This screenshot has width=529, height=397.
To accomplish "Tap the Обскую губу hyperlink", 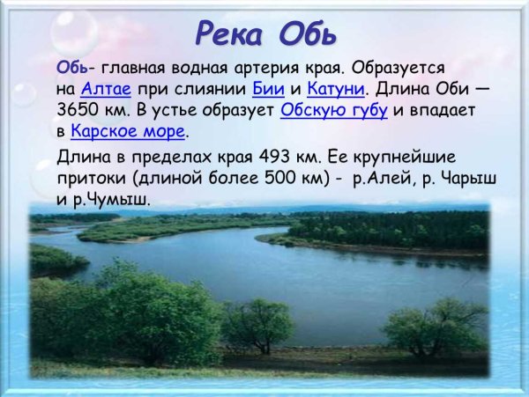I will tap(334, 111).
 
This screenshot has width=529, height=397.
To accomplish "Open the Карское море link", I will tap(128, 132).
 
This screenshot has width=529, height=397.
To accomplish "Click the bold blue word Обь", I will tap(71, 68).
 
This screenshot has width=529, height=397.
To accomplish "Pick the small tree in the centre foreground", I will tap(257, 324).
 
